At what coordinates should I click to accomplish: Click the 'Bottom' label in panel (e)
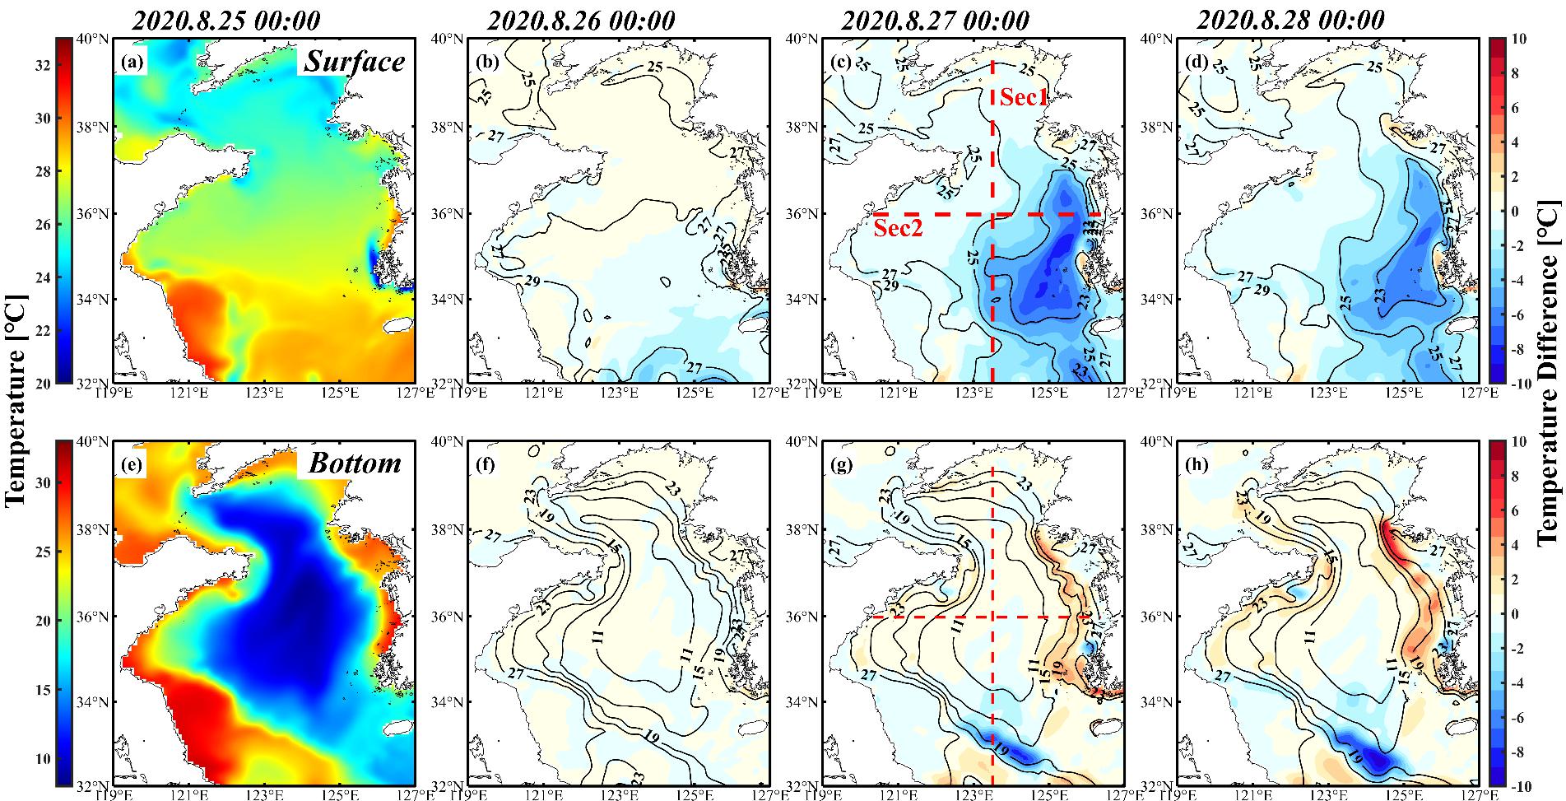(355, 463)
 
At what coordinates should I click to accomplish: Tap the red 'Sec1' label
(1024, 98)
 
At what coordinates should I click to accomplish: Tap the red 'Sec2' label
(898, 229)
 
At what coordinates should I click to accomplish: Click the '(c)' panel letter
(842, 62)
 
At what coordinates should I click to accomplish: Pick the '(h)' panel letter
(1197, 465)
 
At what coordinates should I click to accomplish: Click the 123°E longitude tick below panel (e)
(264, 795)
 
